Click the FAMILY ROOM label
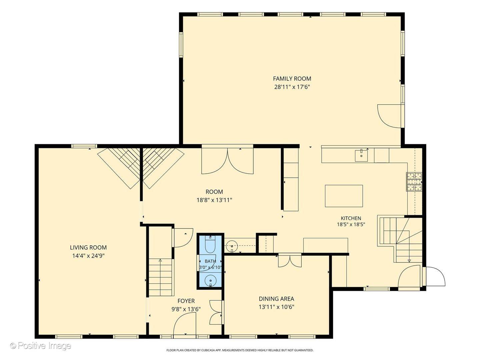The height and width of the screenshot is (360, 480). point(292,78)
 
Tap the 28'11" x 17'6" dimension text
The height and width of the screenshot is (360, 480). point(292,87)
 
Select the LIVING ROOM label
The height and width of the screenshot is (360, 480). point(88,247)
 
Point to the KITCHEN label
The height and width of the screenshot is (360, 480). point(351,218)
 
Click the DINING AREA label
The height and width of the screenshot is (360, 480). point(276,299)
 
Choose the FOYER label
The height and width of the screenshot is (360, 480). point(186,301)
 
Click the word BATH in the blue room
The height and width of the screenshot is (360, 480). point(210,261)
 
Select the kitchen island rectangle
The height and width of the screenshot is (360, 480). point(344,196)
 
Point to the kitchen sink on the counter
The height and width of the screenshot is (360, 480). point(361,155)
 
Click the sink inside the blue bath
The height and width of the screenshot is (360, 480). point(210,280)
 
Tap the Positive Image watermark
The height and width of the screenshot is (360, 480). point(41,346)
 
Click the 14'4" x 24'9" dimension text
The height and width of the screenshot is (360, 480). point(88,256)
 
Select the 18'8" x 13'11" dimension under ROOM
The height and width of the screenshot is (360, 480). point(214,200)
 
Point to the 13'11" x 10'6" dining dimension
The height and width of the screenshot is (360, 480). point(276,307)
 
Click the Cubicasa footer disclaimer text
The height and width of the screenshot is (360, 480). point(240,350)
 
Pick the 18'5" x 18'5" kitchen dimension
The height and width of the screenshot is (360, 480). point(351,224)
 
